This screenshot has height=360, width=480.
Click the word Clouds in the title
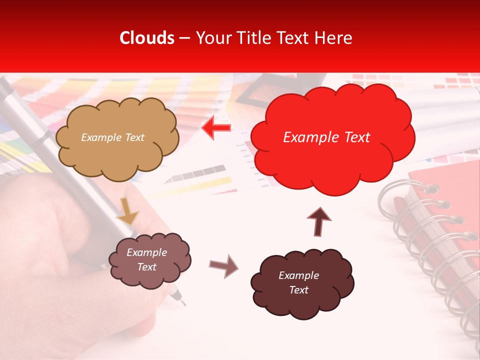(x=147, y=38)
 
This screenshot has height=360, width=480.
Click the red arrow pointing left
(x=216, y=128)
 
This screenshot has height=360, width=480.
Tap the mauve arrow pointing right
(x=224, y=266)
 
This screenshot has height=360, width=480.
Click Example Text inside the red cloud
(x=326, y=137)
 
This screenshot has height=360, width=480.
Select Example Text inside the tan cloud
(x=112, y=137)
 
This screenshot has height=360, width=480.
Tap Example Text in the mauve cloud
(x=146, y=260)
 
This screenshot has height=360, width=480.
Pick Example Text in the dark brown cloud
(x=298, y=283)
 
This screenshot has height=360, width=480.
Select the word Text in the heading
(x=295, y=38)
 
